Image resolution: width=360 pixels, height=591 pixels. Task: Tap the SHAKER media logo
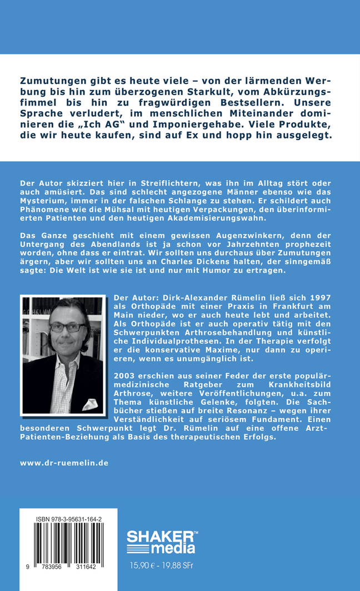pos(161,542)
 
